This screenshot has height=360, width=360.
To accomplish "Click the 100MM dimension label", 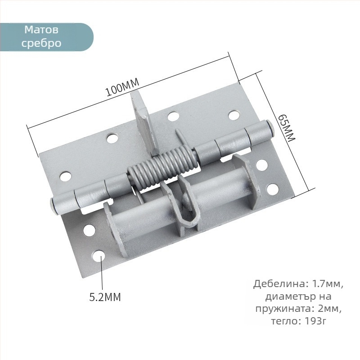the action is tap(122, 87).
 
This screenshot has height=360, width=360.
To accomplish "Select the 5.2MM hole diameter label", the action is tap(105, 297).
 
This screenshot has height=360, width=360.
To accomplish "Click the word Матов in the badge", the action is tap(41, 30).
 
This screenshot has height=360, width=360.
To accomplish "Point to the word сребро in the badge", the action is tap(41, 43).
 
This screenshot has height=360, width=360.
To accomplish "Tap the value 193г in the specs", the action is tap(315, 321).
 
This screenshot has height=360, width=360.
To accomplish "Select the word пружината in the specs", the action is tap(284, 309).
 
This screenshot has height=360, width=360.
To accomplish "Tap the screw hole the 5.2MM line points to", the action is tap(99, 256).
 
